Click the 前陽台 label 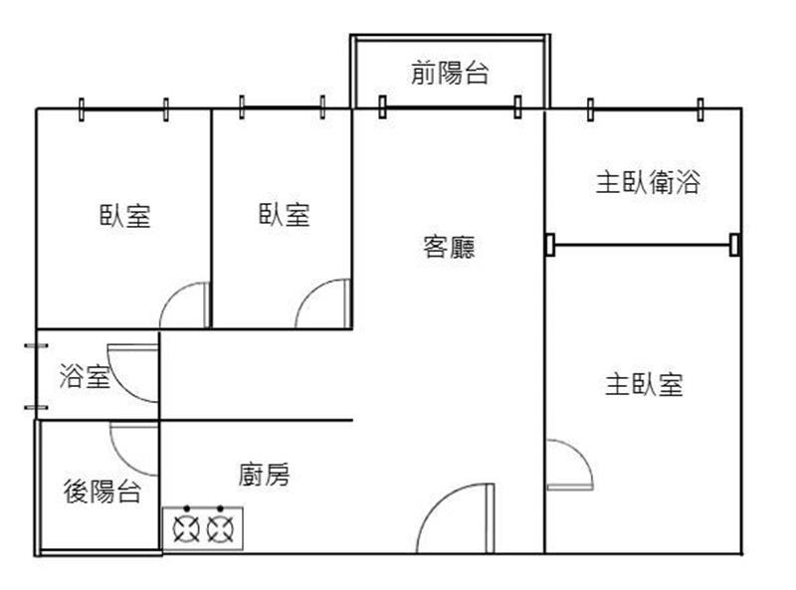pyautogui.click(x=450, y=72)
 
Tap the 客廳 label pyautogui.click(x=450, y=248)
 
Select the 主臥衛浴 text pyautogui.click(x=649, y=182)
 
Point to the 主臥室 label pyautogui.click(x=644, y=384)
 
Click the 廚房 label pyautogui.click(x=264, y=475)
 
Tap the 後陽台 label pyautogui.click(x=102, y=491)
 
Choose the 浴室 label pyautogui.click(x=85, y=376)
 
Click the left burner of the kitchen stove pyautogui.click(x=187, y=528)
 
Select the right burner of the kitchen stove pyautogui.click(x=220, y=528)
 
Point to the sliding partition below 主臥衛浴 pyautogui.click(x=643, y=245)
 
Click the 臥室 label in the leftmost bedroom pyautogui.click(x=125, y=215)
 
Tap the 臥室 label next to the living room pyautogui.click(x=285, y=214)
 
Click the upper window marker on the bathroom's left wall pyautogui.click(x=36, y=346)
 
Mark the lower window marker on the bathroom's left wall pyautogui.click(x=36, y=407)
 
